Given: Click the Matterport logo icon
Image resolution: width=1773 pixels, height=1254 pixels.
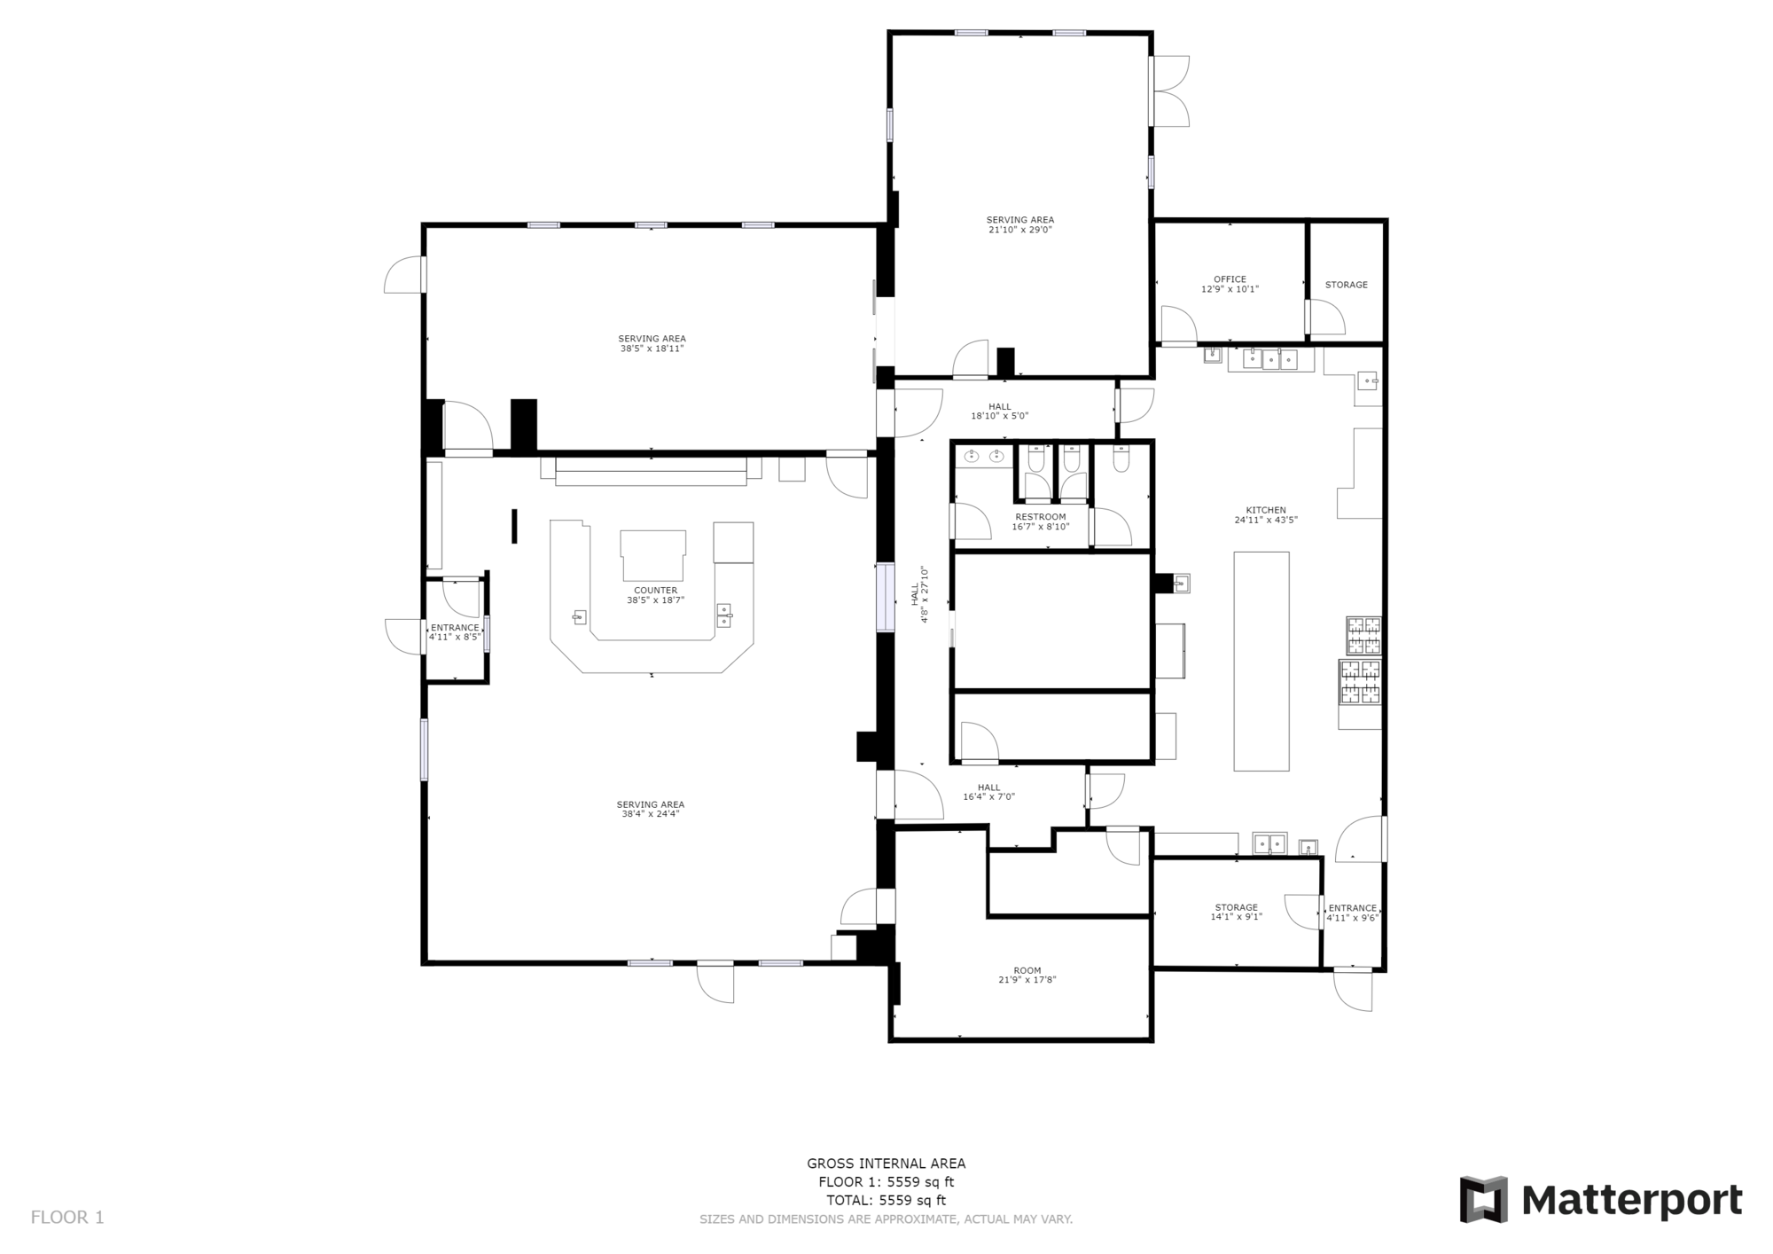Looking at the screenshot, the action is [1484, 1200].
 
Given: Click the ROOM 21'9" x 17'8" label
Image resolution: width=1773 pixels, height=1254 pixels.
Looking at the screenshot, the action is [1027, 976].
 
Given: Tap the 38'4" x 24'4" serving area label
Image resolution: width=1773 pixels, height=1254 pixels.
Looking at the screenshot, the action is [651, 810].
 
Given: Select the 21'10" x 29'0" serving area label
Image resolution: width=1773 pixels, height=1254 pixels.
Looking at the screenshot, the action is [1020, 225].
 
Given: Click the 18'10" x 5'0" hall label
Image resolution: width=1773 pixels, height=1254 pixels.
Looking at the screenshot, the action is [1000, 411].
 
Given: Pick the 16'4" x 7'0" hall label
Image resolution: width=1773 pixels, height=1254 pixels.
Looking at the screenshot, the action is [989, 792].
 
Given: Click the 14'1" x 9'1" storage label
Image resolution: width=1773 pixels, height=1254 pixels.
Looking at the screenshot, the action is [1237, 913].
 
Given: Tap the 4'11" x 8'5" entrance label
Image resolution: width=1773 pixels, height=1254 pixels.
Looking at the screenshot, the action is [455, 632].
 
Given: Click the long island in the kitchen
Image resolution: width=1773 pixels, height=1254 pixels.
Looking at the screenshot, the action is [1261, 661].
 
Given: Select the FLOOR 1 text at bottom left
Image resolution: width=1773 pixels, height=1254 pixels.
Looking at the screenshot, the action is [67, 1218].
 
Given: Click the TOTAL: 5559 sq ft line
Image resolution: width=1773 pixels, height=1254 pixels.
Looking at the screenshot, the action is [886, 1200].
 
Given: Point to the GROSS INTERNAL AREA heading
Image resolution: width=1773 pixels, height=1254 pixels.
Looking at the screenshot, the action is [886, 1164].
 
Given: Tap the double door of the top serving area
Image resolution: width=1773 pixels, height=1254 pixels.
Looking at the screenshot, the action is [1169, 90].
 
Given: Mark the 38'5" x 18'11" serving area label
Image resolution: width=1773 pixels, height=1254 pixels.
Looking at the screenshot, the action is [652, 343].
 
